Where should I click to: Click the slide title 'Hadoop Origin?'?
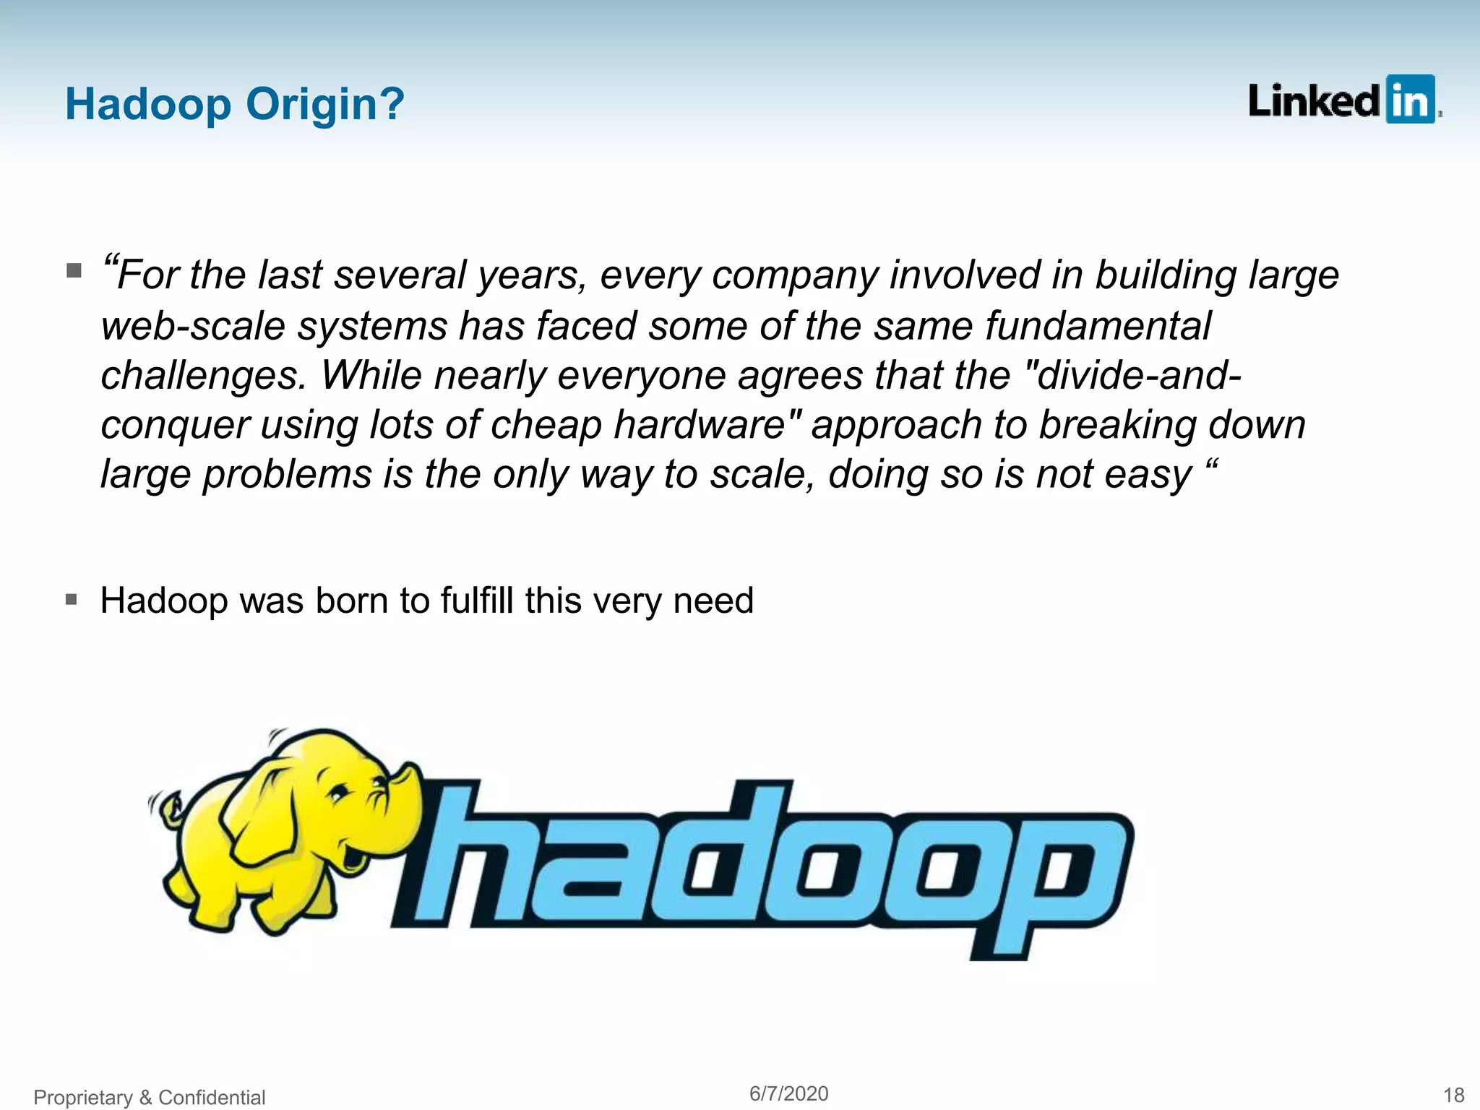coord(234,104)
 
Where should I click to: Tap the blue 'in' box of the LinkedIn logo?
coord(1409,100)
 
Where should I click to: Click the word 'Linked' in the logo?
coord(1313,101)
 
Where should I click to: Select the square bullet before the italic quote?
coord(74,271)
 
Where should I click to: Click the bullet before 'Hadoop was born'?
coord(71,599)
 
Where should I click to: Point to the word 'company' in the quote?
coord(794,276)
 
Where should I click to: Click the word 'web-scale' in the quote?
coord(192,326)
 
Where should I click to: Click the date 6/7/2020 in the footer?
coord(788,1093)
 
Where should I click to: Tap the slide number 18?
coord(1453,1096)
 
